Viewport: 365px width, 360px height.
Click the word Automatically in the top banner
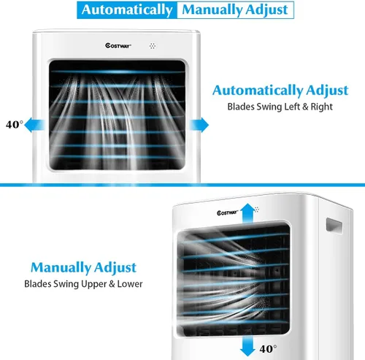pyautogui.click(x=127, y=10)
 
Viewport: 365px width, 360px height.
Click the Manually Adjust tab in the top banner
pyautogui.click(x=235, y=10)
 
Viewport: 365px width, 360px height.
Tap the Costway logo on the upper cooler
pyautogui.click(x=118, y=45)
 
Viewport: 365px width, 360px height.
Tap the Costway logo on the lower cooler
pyautogui.click(x=227, y=212)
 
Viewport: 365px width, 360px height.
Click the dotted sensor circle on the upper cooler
pyautogui.click(x=153, y=46)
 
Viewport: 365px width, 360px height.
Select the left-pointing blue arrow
pyautogui.click(x=35, y=125)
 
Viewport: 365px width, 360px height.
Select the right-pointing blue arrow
pyautogui.click(x=199, y=125)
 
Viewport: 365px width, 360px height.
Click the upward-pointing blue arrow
pyautogui.click(x=247, y=213)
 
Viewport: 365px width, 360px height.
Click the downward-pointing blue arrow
pyautogui.click(x=247, y=346)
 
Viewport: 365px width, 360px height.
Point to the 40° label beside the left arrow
pyautogui.click(x=15, y=125)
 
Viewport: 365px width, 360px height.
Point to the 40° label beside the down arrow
pyautogui.click(x=268, y=349)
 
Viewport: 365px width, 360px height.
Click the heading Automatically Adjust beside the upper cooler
pyautogui.click(x=280, y=91)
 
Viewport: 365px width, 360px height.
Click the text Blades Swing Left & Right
pyautogui.click(x=280, y=107)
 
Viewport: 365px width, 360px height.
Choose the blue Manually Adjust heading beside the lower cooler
pyautogui.click(x=83, y=267)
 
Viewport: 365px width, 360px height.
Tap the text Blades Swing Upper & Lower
pyautogui.click(x=83, y=284)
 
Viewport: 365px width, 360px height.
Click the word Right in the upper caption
pyautogui.click(x=322, y=107)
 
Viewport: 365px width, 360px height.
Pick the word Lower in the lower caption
pyautogui.click(x=130, y=284)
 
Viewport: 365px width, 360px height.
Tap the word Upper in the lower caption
pyautogui.click(x=93, y=284)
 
